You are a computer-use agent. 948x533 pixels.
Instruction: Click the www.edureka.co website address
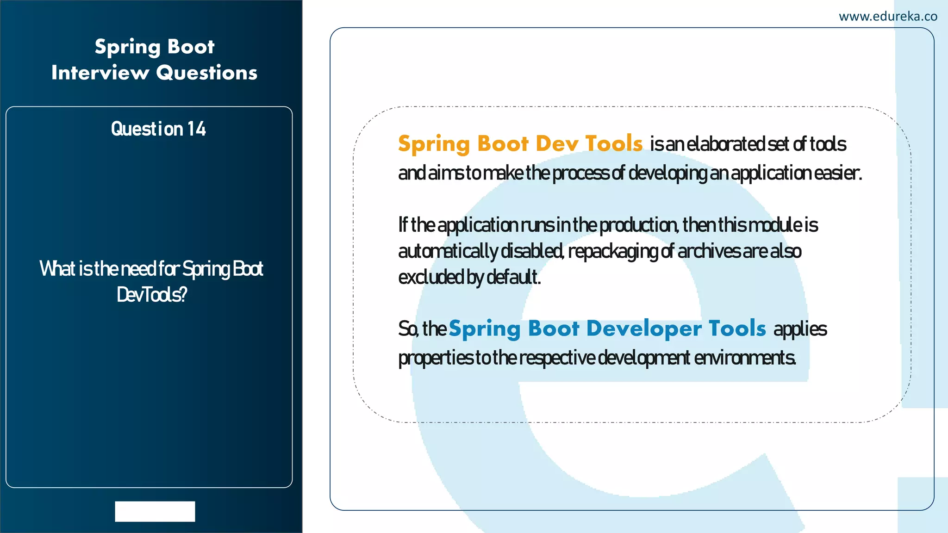click(x=888, y=17)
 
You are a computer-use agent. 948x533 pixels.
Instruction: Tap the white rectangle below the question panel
click(x=155, y=511)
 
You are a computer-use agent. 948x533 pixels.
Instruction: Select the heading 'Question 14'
click(x=158, y=129)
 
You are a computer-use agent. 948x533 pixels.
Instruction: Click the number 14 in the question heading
click(x=196, y=129)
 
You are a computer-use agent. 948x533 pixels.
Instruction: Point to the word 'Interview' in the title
click(x=100, y=73)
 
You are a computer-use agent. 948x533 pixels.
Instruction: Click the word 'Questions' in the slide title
click(x=206, y=73)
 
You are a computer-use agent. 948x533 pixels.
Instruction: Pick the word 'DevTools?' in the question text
click(x=152, y=295)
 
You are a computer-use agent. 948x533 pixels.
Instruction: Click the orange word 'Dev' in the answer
click(x=557, y=143)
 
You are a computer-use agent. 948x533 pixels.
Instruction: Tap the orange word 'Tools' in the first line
click(x=614, y=143)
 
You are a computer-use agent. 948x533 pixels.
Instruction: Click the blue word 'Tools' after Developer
click(x=737, y=328)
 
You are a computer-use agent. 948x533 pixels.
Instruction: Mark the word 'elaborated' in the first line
click(x=725, y=144)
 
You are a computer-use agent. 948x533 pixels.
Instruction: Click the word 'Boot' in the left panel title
click(x=191, y=47)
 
